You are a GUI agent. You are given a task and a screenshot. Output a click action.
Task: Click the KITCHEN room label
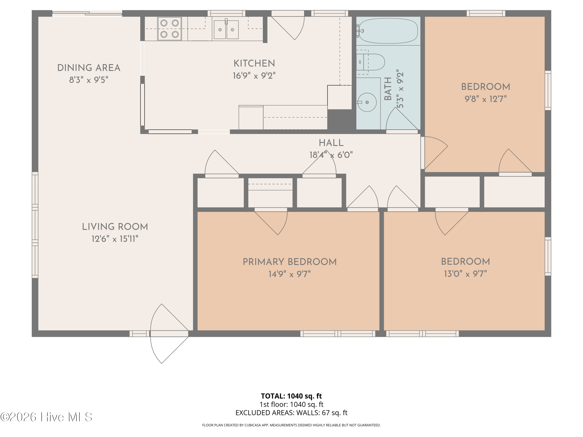pyautogui.click(x=254, y=64)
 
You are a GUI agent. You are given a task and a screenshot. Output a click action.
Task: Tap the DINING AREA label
pyautogui.click(x=89, y=68)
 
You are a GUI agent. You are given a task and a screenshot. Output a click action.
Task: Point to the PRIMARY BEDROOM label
pyautogui.click(x=290, y=262)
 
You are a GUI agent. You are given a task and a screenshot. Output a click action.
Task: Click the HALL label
pyautogui.click(x=331, y=143)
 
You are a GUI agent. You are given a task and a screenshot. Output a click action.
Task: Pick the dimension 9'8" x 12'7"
pyautogui.click(x=485, y=99)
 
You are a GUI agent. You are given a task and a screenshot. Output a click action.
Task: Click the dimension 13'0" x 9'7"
pyautogui.click(x=465, y=274)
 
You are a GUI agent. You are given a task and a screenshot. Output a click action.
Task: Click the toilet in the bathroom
pyautogui.click(x=370, y=62)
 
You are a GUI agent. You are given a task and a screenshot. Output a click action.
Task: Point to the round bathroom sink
pyautogui.click(x=367, y=102)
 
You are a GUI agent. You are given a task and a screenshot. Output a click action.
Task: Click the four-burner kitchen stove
pyautogui.click(x=169, y=29)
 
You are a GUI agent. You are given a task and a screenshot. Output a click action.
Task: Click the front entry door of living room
pyautogui.click(x=169, y=333)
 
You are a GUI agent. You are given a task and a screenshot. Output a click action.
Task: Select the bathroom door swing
pyautogui.click(x=402, y=119)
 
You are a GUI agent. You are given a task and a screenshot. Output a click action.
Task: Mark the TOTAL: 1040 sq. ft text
pyautogui.click(x=291, y=396)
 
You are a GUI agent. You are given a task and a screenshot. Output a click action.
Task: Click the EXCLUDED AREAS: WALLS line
pyautogui.click(x=291, y=413)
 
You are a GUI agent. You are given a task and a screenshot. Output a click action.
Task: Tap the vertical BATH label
pyautogui.click(x=388, y=89)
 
